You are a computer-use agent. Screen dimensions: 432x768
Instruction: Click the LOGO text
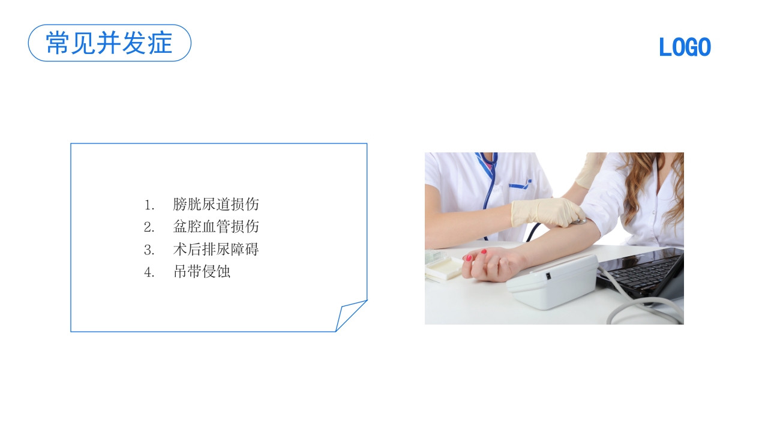[685, 47]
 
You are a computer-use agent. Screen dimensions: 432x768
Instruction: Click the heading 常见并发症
[109, 43]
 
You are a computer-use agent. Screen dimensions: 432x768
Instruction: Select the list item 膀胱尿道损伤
[216, 204]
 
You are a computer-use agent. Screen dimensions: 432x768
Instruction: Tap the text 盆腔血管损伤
[216, 227]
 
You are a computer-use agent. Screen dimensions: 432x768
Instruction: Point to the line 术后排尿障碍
[216, 249]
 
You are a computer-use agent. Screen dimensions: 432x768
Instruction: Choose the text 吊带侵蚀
[202, 271]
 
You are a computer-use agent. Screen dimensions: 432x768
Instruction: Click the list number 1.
[149, 205]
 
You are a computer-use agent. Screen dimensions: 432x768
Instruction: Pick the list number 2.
[149, 227]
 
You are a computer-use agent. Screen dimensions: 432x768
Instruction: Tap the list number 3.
[149, 250]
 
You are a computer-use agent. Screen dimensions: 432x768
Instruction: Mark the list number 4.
[149, 272]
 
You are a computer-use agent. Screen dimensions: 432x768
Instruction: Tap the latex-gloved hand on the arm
[543, 211]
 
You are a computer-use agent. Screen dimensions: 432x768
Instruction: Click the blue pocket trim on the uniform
[520, 184]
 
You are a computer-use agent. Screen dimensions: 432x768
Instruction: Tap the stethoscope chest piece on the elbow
[579, 221]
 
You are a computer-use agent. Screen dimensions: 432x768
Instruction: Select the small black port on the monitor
[547, 277]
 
